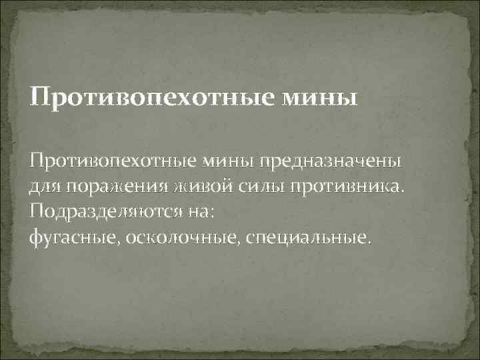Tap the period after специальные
coord(365,241)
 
